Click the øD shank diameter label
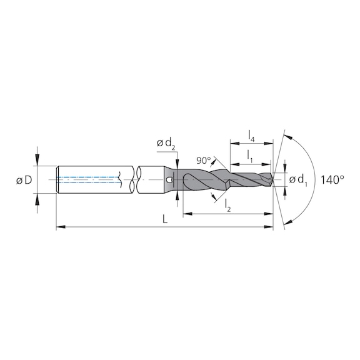[24, 181]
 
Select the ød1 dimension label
[299, 181]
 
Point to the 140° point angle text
[332, 180]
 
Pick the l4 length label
[251, 134]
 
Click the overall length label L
[164, 220]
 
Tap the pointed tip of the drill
[273, 180]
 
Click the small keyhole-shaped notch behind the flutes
[169, 181]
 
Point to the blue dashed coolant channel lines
[87, 180]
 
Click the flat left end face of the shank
[57, 180]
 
